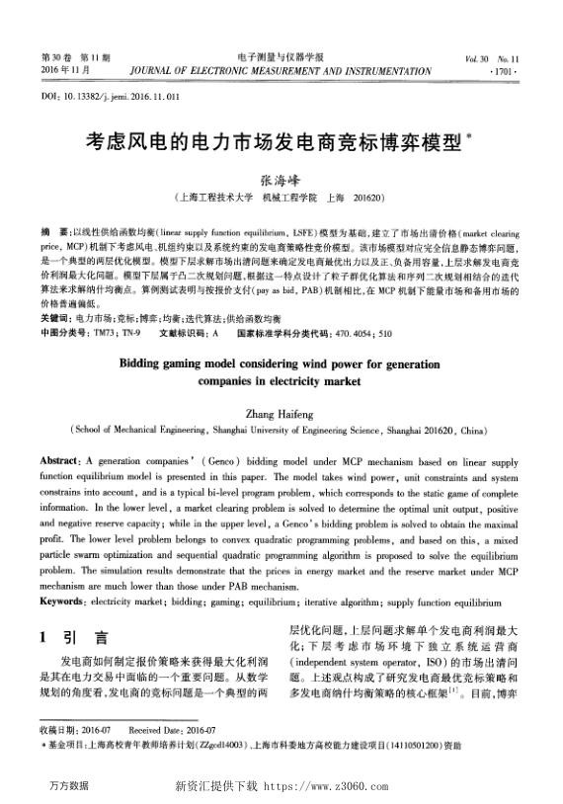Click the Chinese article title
(x=281, y=144)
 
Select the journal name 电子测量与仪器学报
(x=281, y=58)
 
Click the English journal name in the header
(x=281, y=72)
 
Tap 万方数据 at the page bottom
(x=67, y=786)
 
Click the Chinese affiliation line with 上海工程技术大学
(x=281, y=199)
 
